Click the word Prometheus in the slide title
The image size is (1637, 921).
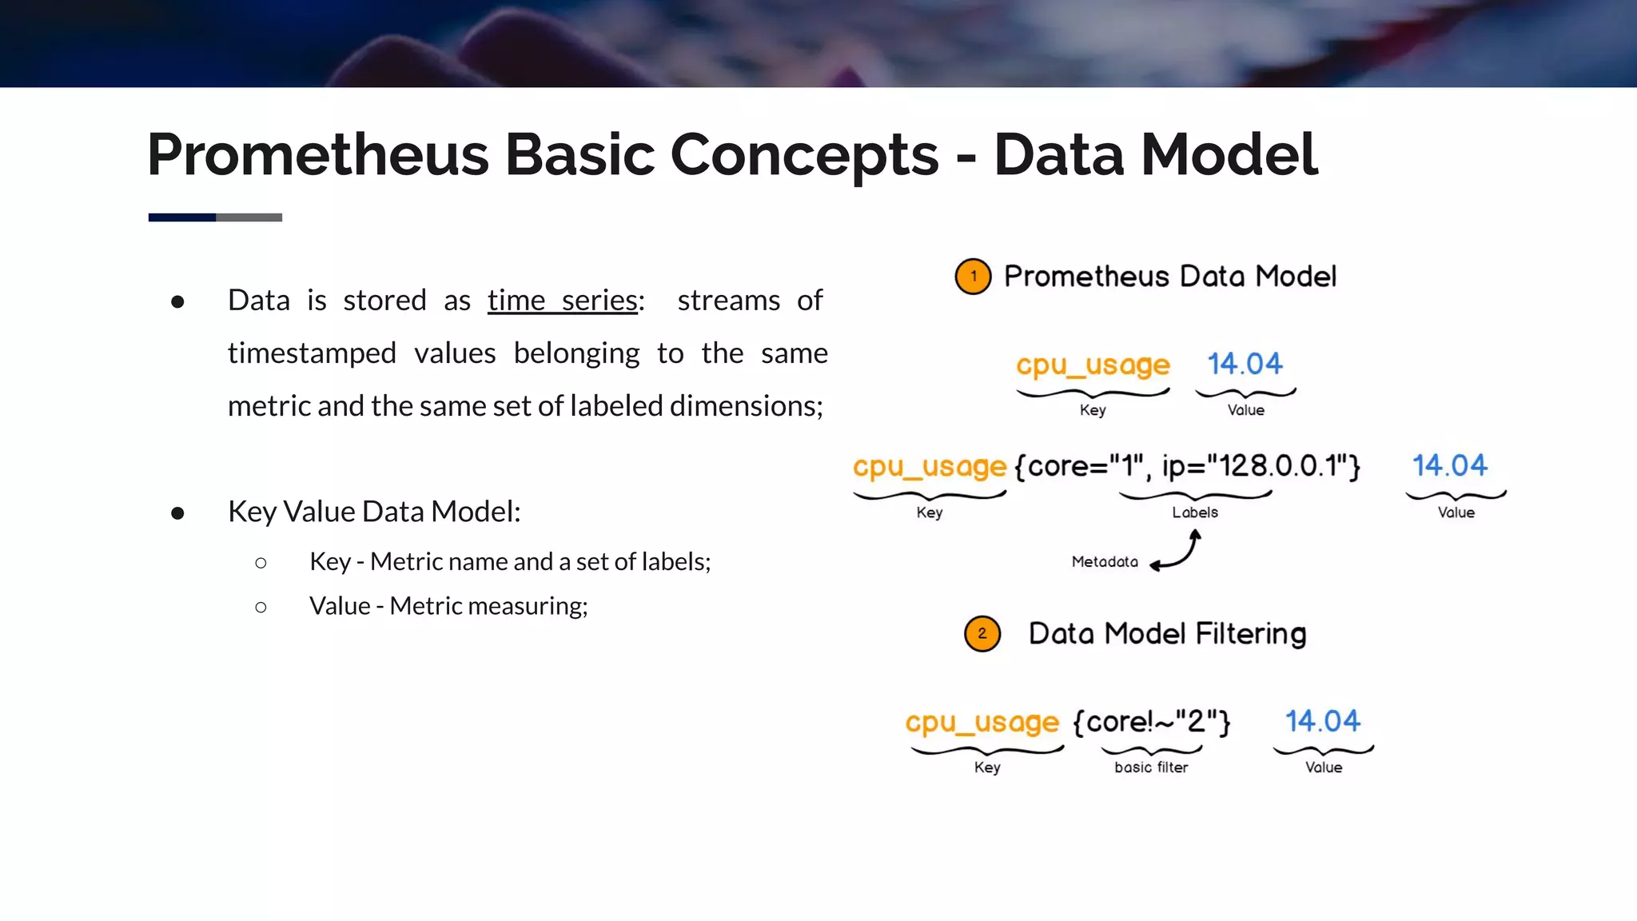pos(317,154)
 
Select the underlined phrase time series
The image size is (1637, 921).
pos(563,301)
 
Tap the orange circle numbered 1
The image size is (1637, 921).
pos(973,277)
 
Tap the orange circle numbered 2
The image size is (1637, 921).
pos(982,634)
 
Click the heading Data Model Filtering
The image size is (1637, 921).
pos(1167,634)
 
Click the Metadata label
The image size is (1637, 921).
pos(1105,562)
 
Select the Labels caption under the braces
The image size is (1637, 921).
pos(1195,512)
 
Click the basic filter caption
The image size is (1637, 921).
pos(1151,767)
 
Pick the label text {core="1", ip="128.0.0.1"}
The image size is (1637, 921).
pos(1187,466)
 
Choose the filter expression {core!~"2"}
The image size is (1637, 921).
pos(1151,722)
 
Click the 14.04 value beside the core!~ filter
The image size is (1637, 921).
pos(1322,721)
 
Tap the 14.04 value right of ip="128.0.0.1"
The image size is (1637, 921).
pos(1449,465)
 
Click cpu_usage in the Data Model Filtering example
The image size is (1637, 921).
pos(982,723)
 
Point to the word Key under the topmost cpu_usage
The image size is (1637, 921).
pos(1093,410)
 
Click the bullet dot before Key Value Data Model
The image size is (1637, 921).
pos(177,512)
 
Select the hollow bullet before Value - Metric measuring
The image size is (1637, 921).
pos(261,608)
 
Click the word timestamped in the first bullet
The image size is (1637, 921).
pos(312,353)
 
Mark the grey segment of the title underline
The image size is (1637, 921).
pos(249,217)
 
